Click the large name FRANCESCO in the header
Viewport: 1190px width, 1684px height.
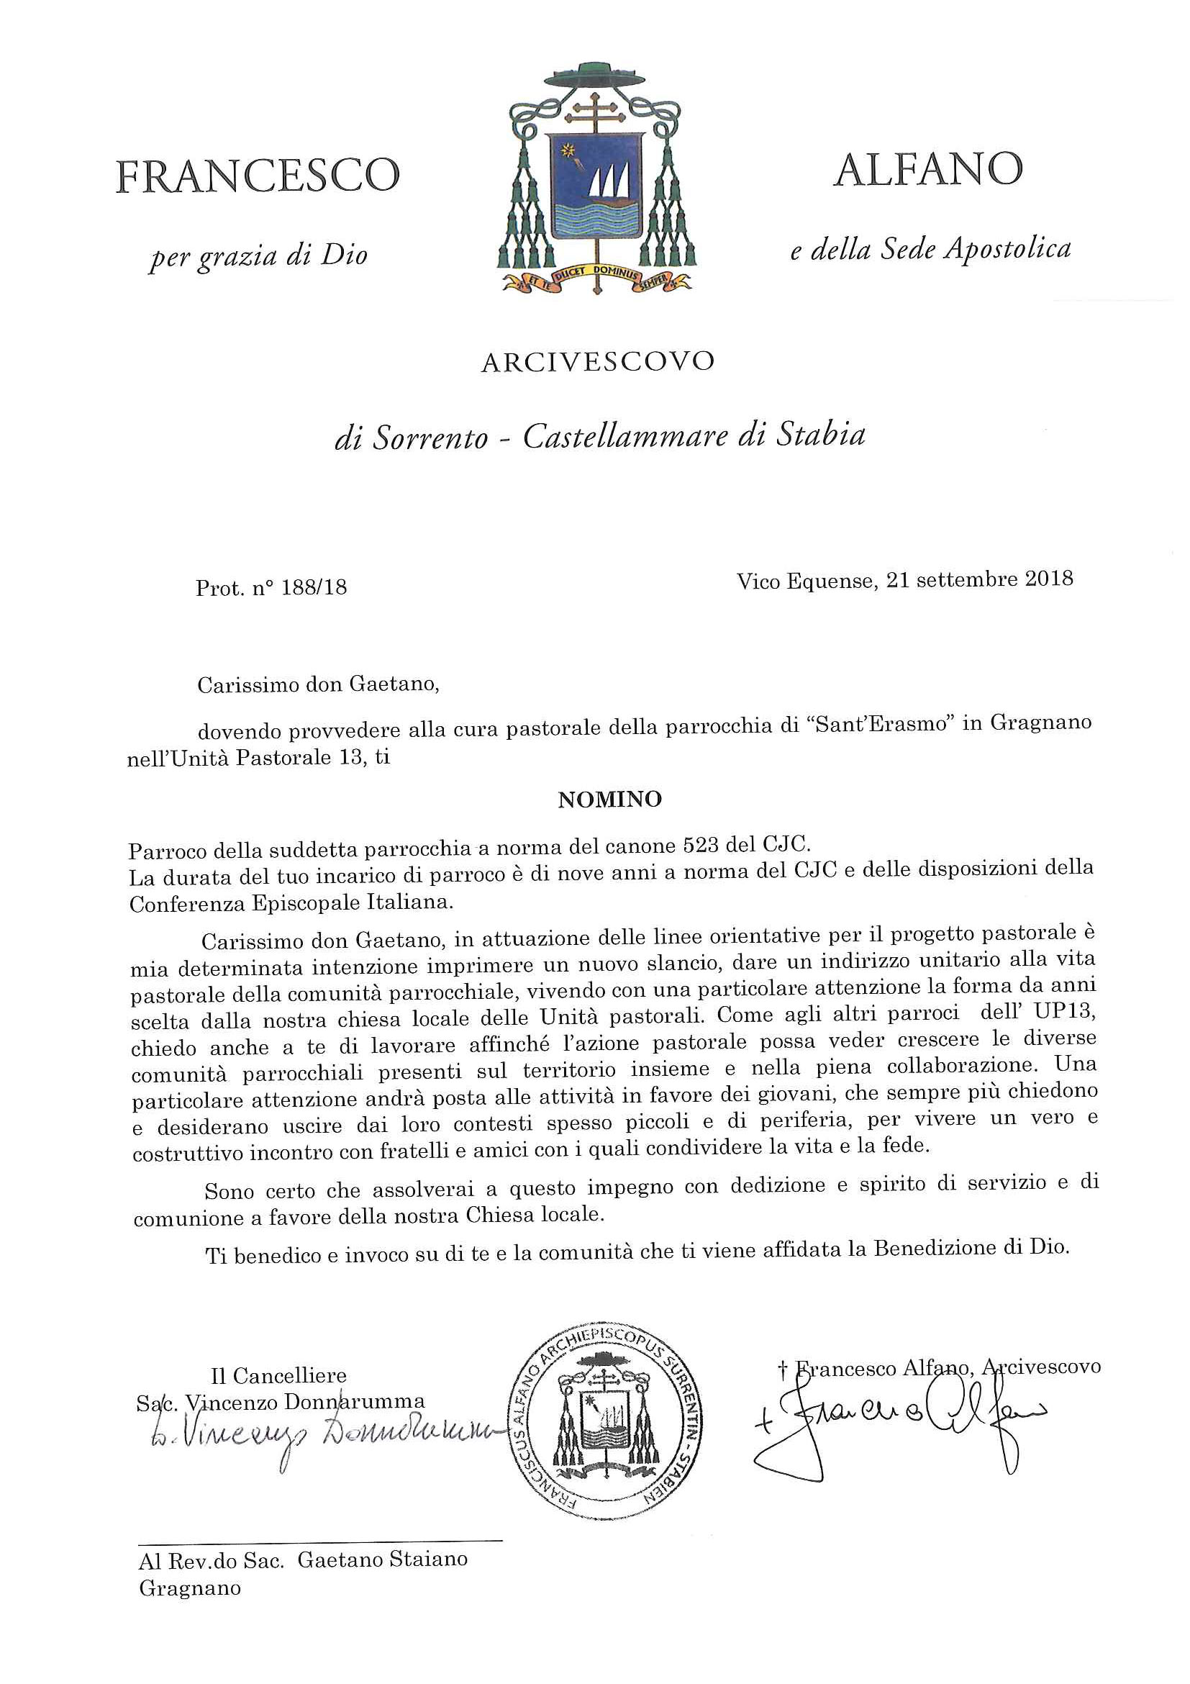258,177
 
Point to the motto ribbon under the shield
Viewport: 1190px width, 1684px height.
596,279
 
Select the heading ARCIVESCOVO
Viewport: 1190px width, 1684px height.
598,361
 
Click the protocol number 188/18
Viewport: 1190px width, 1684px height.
313,588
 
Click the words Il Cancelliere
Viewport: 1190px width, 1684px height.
278,1375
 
